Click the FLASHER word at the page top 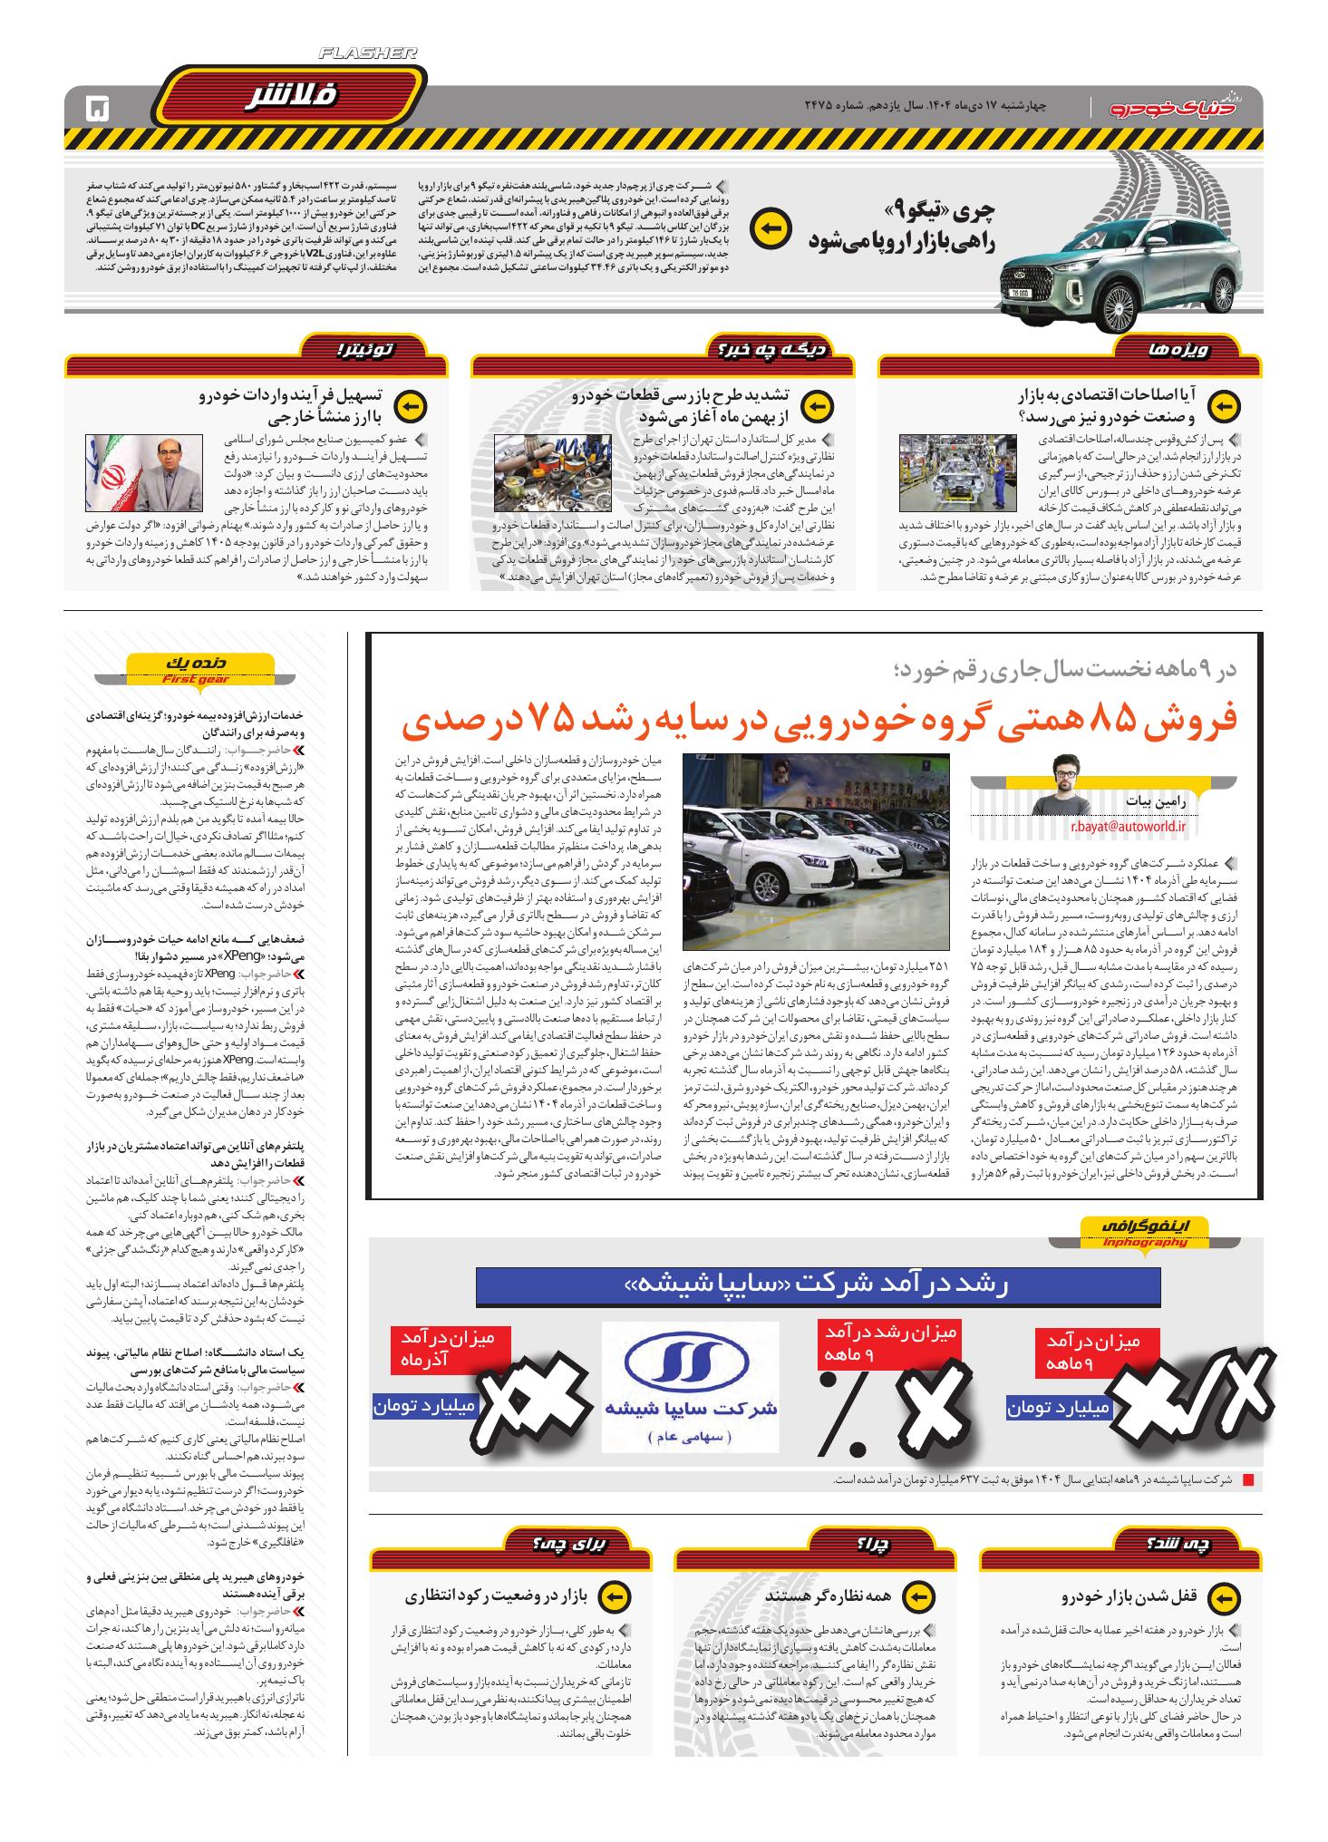point(368,54)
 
